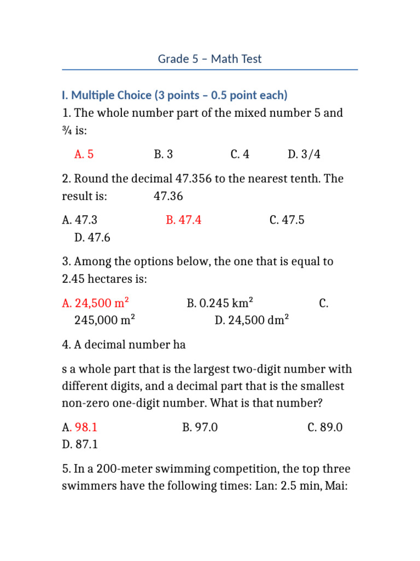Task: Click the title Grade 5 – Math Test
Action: [x=210, y=59]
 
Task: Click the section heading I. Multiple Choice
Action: [x=174, y=95]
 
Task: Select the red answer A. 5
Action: [x=84, y=154]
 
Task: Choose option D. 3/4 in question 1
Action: [x=304, y=154]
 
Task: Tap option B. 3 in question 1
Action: [x=164, y=154]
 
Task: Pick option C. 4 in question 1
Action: [x=240, y=154]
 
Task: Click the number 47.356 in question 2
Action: [x=192, y=179]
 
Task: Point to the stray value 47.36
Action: [x=168, y=196]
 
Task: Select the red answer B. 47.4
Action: [x=183, y=220]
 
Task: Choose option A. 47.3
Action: [x=80, y=220]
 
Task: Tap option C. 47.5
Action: [x=287, y=220]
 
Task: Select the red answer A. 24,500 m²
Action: [x=96, y=303]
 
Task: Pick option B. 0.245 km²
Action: [x=220, y=303]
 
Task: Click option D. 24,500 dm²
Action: [x=252, y=320]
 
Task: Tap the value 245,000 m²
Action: [x=104, y=320]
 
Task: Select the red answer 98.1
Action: [x=86, y=427]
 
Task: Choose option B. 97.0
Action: [x=200, y=427]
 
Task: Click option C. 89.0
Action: [x=325, y=427]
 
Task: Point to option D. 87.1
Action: [x=80, y=445]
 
